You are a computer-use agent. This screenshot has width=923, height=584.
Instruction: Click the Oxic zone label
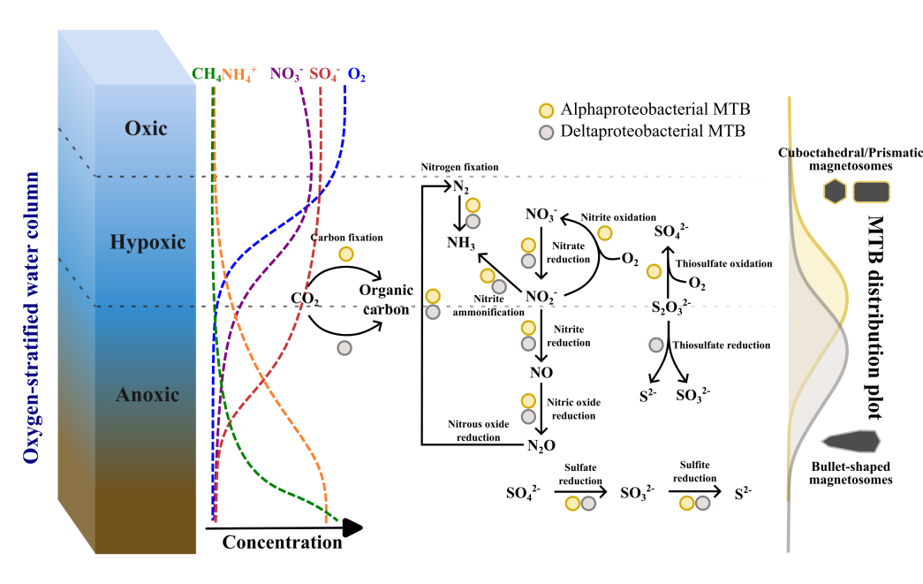point(146,129)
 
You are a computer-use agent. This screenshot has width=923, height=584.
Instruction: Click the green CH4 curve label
point(207,75)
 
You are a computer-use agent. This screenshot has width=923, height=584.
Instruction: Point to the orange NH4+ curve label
point(238,75)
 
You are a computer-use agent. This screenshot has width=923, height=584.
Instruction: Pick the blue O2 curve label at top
point(357,75)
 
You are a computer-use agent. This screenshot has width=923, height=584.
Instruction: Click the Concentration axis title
point(282,542)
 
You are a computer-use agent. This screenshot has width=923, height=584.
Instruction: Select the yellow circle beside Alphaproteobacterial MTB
point(548,110)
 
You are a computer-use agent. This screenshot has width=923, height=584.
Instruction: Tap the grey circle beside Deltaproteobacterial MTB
point(548,132)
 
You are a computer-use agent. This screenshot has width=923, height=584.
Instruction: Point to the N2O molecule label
point(542,444)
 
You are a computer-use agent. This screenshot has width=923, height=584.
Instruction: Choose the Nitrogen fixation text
point(459,167)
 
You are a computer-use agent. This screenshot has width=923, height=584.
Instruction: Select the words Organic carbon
point(383,300)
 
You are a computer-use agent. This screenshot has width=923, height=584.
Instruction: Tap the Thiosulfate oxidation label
point(723,263)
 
